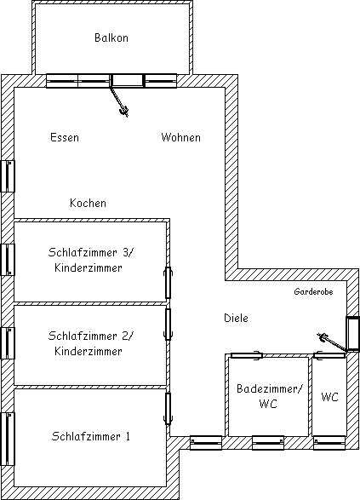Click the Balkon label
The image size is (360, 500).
(x=111, y=37)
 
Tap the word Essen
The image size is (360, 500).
(x=65, y=137)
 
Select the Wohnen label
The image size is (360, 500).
(x=180, y=137)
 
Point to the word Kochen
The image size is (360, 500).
(x=88, y=203)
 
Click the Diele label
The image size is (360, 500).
(x=236, y=318)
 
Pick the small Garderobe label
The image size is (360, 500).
(x=313, y=291)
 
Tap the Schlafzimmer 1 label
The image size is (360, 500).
(x=91, y=436)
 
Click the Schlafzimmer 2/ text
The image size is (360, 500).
(x=91, y=336)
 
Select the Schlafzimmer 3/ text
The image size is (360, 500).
(x=91, y=252)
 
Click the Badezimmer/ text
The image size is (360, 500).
(x=269, y=388)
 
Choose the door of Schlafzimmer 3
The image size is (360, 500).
(x=169, y=283)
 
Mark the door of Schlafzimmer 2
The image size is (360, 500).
(x=168, y=324)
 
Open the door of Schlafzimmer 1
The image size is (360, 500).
(x=168, y=409)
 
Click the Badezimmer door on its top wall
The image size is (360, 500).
(x=246, y=355)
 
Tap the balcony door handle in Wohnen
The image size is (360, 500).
(x=124, y=111)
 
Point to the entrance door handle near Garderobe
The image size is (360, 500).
(x=323, y=336)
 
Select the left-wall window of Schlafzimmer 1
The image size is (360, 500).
(x=8, y=439)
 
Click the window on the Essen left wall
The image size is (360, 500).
(x=8, y=176)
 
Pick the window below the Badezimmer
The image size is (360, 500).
(x=268, y=443)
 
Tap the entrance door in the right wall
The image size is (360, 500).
(x=353, y=334)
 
